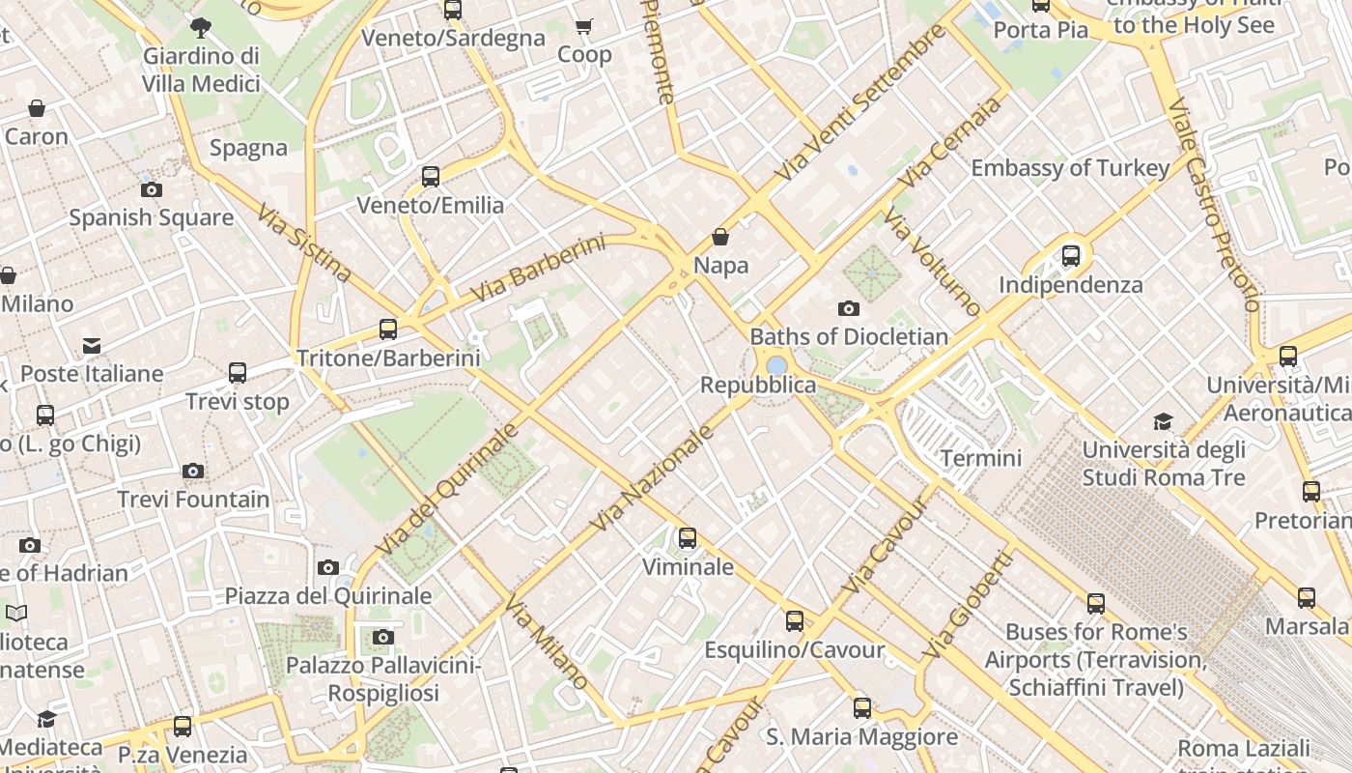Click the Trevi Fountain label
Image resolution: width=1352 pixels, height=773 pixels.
193,500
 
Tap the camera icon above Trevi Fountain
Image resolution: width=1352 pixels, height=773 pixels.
193,471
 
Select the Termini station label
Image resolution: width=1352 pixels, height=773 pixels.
980,458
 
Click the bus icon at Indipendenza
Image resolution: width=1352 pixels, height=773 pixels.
1071,256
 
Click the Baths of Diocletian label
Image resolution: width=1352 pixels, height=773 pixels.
849,337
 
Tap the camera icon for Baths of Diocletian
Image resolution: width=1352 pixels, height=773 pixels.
849,308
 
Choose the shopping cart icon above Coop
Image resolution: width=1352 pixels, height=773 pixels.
583,26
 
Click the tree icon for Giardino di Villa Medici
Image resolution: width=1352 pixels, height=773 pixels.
201,27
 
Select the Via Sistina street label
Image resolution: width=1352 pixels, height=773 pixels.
304,242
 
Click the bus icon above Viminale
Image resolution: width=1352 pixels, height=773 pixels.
688,538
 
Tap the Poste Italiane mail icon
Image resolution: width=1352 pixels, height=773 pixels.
92,345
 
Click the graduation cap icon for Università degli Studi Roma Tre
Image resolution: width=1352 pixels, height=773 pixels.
1163,421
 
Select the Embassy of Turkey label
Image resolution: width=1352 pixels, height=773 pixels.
1070,168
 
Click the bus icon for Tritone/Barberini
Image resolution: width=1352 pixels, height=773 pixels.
388,329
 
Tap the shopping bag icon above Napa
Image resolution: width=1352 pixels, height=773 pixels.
720,236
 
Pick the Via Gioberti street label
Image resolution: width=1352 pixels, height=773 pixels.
969,604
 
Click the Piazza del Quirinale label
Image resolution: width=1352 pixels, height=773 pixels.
328,595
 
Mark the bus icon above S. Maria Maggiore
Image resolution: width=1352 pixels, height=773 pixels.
862,708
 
